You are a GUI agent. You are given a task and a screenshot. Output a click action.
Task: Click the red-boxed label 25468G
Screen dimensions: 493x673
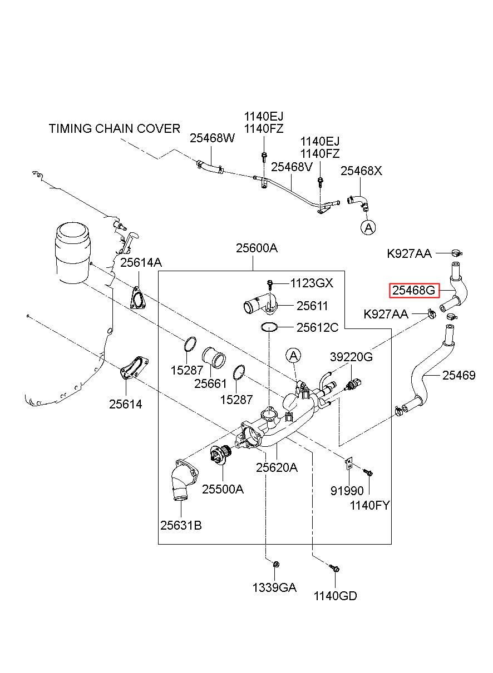pyautogui.click(x=414, y=291)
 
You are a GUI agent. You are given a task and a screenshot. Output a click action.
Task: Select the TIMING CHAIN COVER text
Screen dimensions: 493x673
pyautogui.click(x=115, y=128)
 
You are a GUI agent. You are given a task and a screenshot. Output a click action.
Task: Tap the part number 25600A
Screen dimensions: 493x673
pyautogui.click(x=257, y=248)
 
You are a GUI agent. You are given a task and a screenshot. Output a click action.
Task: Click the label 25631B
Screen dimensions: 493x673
pyautogui.click(x=181, y=526)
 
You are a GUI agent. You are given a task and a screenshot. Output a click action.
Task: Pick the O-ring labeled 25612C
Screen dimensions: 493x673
pyautogui.click(x=269, y=327)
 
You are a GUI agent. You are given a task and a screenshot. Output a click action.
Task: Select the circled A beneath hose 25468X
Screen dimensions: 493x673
pyautogui.click(x=368, y=227)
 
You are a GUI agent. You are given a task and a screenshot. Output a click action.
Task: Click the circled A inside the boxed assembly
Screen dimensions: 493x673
pyautogui.click(x=293, y=356)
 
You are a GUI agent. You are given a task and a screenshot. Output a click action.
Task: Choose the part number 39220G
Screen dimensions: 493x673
pyautogui.click(x=351, y=357)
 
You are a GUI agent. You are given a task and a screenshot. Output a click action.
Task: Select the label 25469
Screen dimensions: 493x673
pyautogui.click(x=459, y=375)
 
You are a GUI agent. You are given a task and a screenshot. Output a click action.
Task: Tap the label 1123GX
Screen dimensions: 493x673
pyautogui.click(x=312, y=283)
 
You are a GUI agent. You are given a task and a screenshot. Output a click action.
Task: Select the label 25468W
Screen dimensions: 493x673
pyautogui.click(x=213, y=138)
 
